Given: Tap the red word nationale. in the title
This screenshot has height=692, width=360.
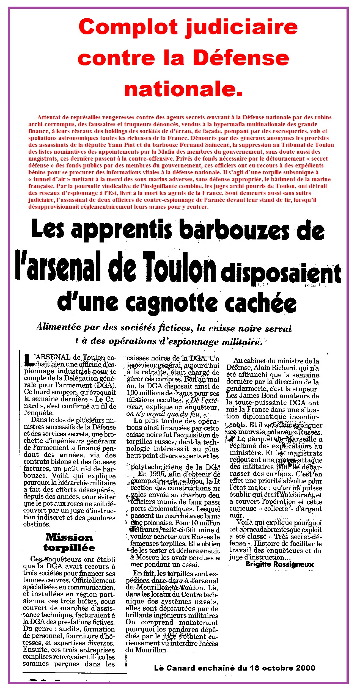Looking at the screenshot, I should [x=183, y=89].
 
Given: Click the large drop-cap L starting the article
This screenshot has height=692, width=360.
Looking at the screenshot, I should [x=28, y=360].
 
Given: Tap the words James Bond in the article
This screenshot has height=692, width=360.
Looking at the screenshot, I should [x=253, y=396].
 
